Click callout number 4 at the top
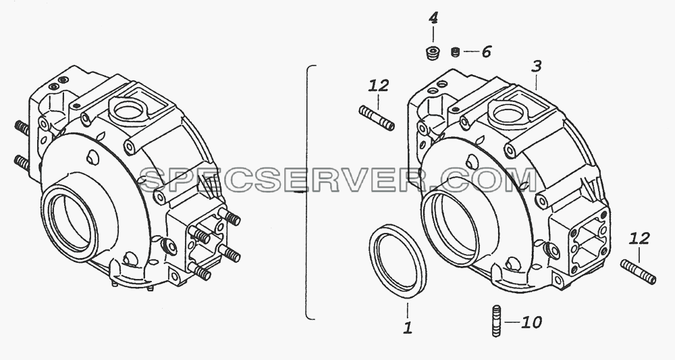tap(433, 18)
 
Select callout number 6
tap(486, 52)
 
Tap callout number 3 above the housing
tap(536, 67)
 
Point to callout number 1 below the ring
tap(408, 328)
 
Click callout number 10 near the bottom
tap(531, 322)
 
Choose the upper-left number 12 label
tap(379, 85)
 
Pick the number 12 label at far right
tap(639, 238)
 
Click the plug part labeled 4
tap(432, 53)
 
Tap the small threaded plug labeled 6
tap(456, 52)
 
